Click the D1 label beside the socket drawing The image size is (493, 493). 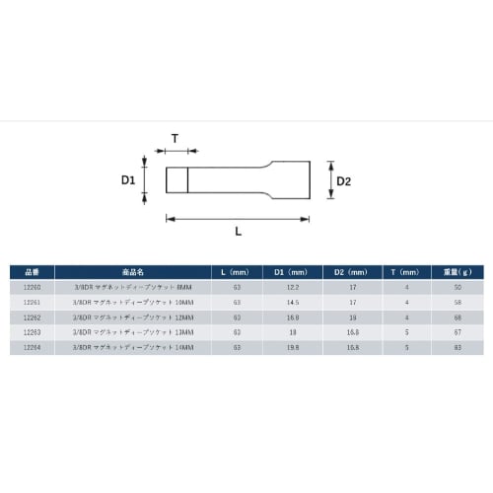pos(128,180)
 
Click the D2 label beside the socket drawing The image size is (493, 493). pos(343,181)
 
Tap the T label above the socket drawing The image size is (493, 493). pos(176,140)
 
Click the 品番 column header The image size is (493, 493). pos(32,271)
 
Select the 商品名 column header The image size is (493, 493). pos(133,271)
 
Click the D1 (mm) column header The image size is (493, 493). pos(294,271)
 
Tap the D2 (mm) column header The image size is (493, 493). pos(351,271)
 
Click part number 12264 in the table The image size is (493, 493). pos(32,347)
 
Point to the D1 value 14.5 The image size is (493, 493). pos(294,301)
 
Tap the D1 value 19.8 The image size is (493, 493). pos(294,347)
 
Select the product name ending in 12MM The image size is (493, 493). pos(133,317)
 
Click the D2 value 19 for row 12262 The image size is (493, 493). pos(351,317)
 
